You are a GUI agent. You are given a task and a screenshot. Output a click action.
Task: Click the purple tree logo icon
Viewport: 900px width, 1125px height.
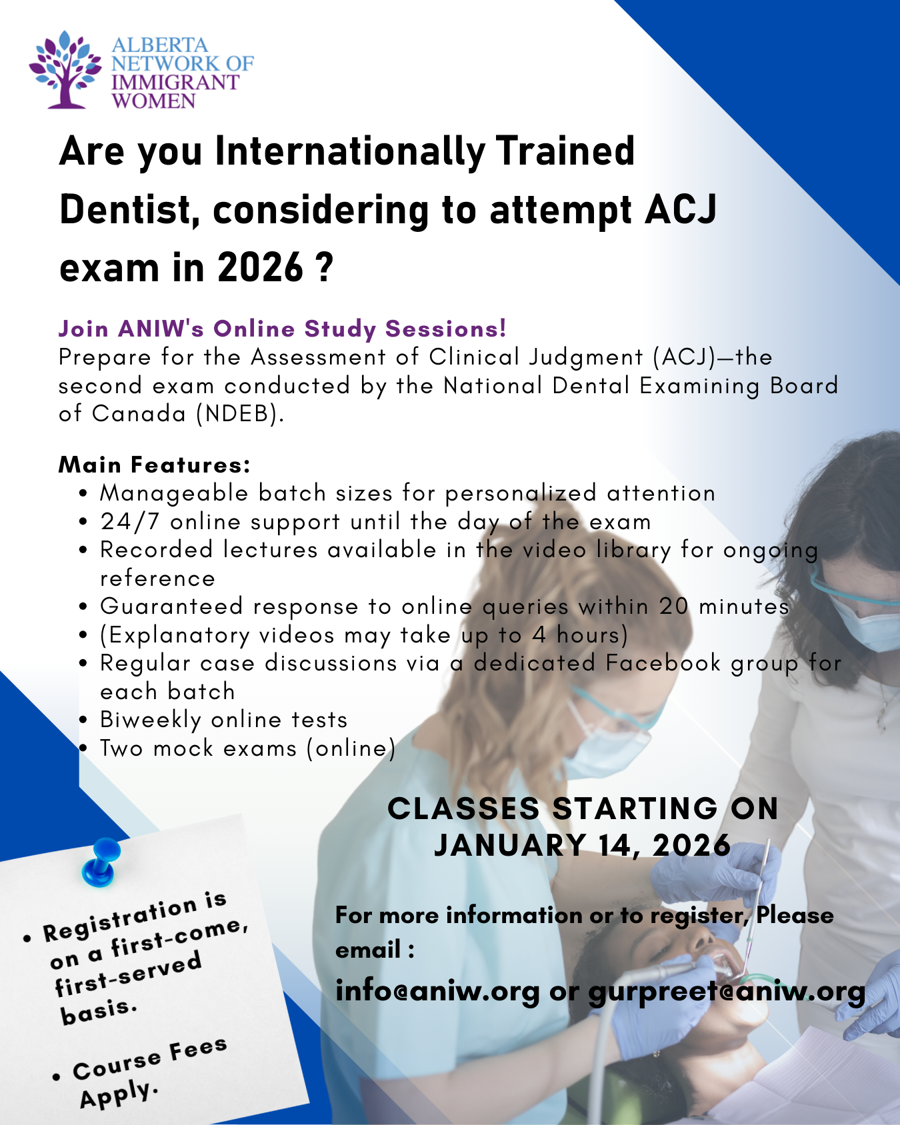[65, 70]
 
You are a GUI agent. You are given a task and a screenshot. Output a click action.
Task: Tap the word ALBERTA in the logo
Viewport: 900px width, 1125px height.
[160, 45]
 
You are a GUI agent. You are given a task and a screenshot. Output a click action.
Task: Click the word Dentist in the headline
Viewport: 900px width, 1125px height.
[130, 210]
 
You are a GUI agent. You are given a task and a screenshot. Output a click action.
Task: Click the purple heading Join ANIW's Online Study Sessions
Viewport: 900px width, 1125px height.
[283, 329]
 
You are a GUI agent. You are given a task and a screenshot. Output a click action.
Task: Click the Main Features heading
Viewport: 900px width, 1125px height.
[155, 465]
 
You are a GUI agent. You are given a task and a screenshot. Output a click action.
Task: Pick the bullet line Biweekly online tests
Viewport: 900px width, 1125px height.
[224, 720]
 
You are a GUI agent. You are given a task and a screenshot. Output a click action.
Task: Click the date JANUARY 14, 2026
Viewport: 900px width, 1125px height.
[583, 845]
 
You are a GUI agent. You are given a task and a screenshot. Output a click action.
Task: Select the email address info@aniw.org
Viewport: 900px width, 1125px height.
[438, 991]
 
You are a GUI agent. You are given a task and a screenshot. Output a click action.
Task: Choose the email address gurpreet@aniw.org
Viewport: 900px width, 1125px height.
[727, 992]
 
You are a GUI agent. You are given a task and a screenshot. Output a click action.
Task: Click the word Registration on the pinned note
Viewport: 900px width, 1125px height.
[121, 920]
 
